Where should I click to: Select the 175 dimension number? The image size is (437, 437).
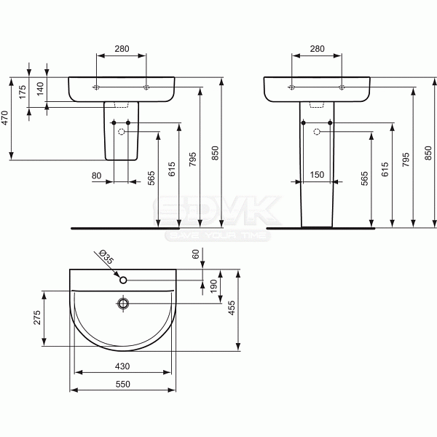point(23,91)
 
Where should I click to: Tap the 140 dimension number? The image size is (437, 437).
point(41,87)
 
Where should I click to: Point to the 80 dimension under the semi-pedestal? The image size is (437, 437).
point(96,176)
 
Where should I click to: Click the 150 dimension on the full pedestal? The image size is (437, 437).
point(317,176)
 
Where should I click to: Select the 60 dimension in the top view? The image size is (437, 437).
point(196,254)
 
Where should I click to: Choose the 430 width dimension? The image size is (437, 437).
point(122,366)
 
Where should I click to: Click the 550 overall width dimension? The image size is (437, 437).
point(122,384)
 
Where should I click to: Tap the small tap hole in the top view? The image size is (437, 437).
point(123,279)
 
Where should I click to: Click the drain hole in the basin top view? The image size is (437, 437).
point(123,302)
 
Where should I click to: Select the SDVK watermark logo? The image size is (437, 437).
point(219,213)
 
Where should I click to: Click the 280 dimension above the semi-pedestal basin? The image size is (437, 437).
point(122,49)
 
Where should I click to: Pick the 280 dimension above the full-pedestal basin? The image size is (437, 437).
point(317,49)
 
